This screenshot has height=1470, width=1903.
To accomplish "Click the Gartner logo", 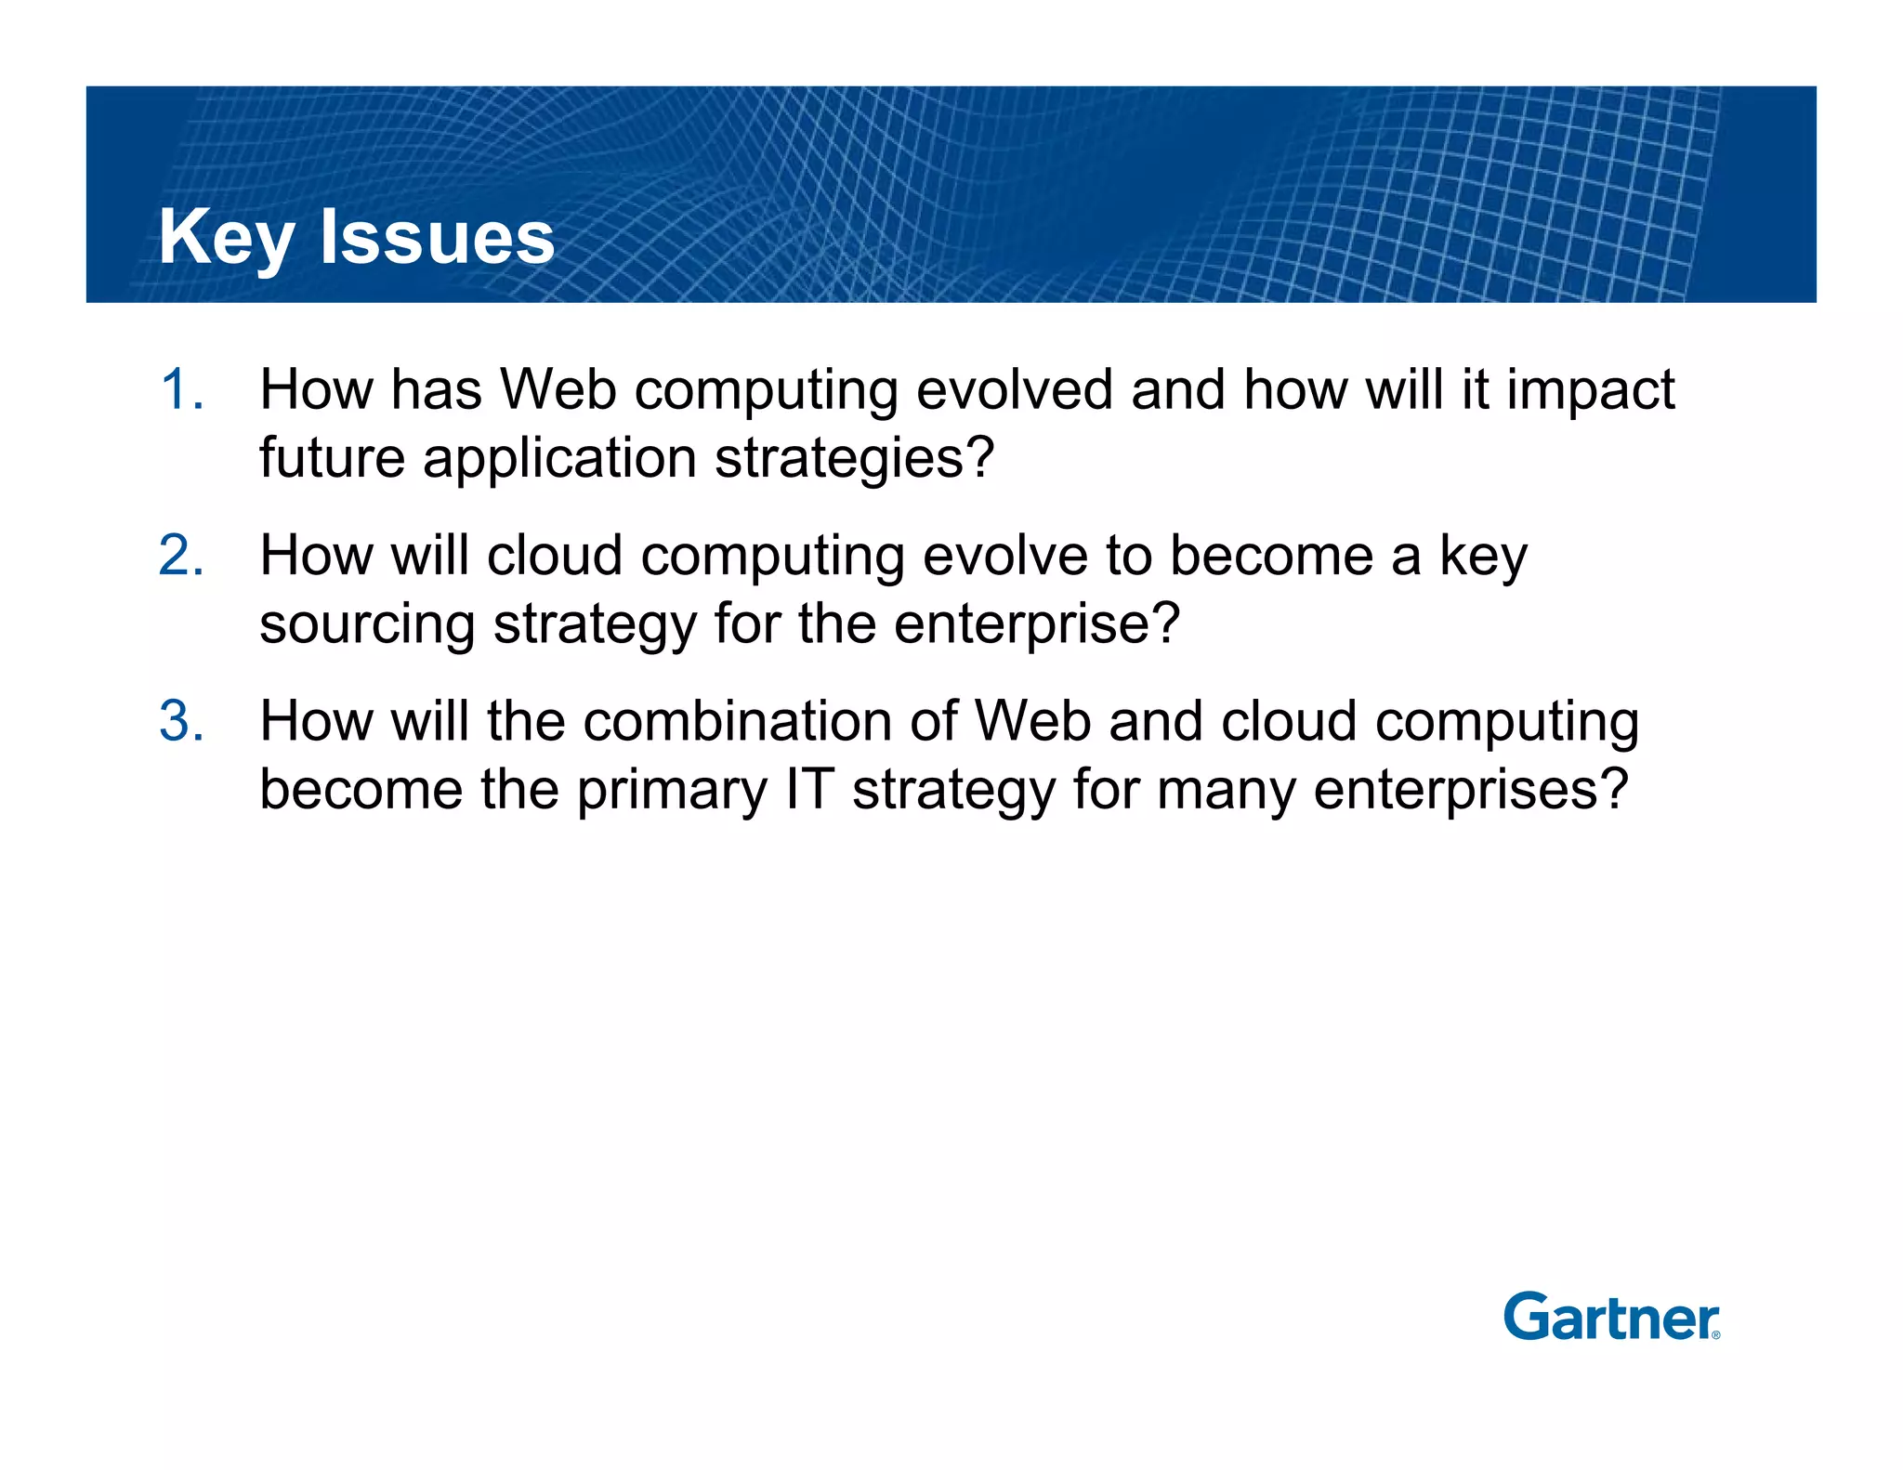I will (x=1610, y=1317).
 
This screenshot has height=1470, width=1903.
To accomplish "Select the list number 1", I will (x=180, y=389).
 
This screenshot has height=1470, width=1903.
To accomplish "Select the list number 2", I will (x=180, y=556).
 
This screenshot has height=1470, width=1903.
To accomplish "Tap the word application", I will (x=559, y=460).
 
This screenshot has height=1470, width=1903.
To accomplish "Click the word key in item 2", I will (x=1483, y=558).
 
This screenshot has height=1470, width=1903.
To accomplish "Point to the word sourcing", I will (x=366, y=625).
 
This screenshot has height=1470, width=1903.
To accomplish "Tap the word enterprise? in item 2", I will (x=1036, y=625).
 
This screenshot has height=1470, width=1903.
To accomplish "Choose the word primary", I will (x=671, y=792).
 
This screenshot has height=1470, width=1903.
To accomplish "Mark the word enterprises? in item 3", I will (x=1471, y=792).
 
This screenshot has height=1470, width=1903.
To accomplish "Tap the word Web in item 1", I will (x=558, y=389).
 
